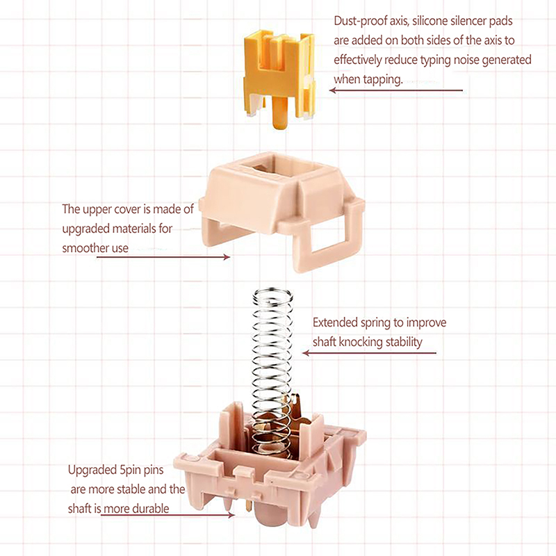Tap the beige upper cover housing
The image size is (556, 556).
coord(282,209)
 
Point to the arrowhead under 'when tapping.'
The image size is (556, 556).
coord(333,90)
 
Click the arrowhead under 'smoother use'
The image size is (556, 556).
coord(227,257)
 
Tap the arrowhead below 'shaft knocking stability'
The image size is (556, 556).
coord(306,353)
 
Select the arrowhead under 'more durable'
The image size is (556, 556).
coord(231,515)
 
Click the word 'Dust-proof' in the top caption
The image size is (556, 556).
coord(360,22)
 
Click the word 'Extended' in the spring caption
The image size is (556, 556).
coord(335,322)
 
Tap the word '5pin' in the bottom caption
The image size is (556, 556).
coord(130,471)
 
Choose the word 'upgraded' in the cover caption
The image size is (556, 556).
coord(83,229)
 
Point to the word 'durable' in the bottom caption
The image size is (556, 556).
coord(151,509)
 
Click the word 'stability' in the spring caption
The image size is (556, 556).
coord(404,343)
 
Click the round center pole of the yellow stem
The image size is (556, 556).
coord(279,113)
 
